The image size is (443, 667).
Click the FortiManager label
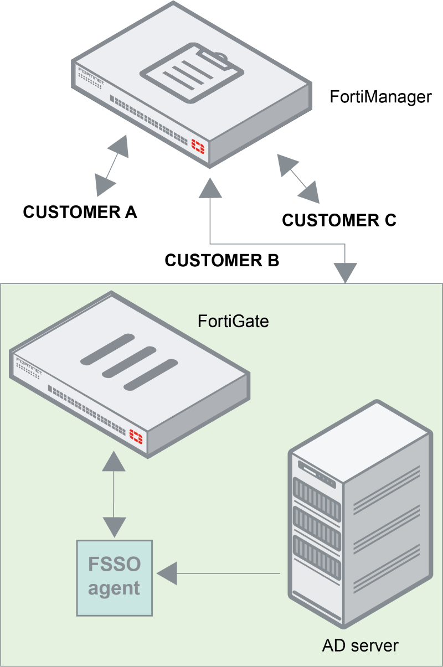(x=380, y=97)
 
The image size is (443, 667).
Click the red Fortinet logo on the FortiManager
(x=198, y=146)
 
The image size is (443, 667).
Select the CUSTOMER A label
(x=80, y=212)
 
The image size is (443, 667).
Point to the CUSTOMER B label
(x=222, y=260)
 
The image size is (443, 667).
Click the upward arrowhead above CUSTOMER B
(x=210, y=188)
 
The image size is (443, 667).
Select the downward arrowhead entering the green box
(x=346, y=272)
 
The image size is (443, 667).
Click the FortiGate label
(x=233, y=321)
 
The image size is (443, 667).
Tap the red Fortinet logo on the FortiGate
(x=136, y=436)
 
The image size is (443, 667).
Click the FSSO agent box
(x=114, y=577)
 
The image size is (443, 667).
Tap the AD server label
(x=360, y=645)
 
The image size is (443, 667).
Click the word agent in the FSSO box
(x=114, y=587)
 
